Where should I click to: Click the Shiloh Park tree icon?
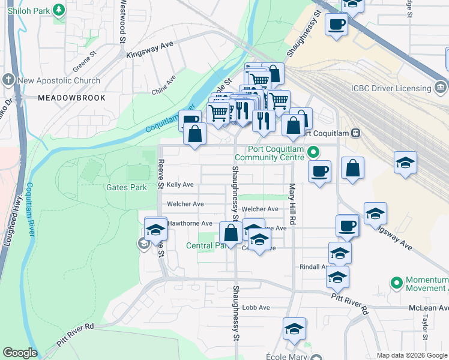58,10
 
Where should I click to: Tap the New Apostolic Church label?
59,80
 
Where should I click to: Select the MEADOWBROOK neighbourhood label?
71,98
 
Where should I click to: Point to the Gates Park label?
126,187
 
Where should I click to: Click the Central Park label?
206,245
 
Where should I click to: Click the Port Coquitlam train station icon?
355,133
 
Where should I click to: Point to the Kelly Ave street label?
180,185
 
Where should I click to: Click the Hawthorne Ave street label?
190,223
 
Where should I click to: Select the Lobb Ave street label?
256,307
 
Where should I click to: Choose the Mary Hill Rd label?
292,205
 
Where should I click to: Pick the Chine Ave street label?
163,85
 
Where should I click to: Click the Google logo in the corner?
20,353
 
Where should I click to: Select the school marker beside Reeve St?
155,229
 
